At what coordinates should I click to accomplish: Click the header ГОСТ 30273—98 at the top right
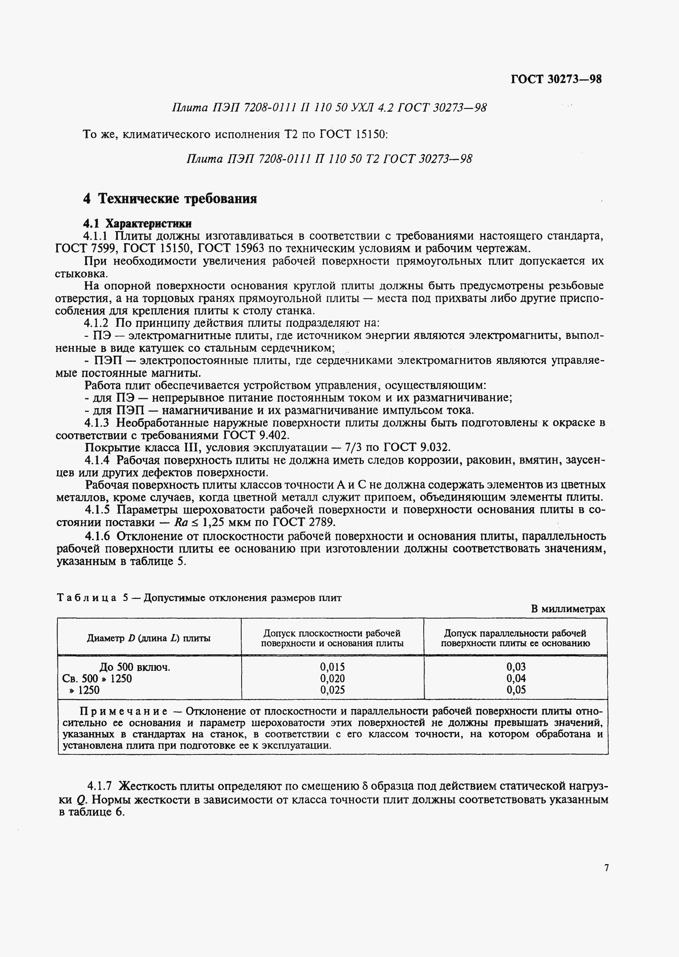tap(556, 79)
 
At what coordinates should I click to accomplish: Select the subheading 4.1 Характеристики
tap(137, 223)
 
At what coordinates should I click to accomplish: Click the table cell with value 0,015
tap(332, 666)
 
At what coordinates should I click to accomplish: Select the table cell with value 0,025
tap(332, 690)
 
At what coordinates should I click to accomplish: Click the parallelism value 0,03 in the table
tap(516, 666)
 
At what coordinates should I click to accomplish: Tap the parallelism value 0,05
tap(516, 690)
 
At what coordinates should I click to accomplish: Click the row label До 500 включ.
tap(135, 667)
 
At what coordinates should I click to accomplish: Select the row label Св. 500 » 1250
tap(97, 679)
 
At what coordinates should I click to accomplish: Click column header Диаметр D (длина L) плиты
tap(148, 638)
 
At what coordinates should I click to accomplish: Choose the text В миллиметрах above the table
tap(568, 609)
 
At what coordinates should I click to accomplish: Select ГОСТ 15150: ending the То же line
tap(354, 134)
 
